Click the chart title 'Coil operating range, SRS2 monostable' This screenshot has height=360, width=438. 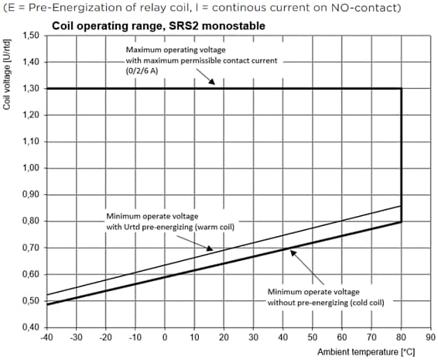click(158, 25)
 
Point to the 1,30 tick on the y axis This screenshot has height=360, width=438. click(29, 88)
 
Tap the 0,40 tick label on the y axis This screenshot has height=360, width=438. click(29, 327)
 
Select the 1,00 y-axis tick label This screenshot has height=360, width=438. click(29, 168)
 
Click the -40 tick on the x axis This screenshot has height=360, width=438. click(46, 338)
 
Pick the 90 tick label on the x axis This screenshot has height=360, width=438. click(430, 338)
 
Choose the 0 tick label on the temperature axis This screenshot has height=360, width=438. click(165, 338)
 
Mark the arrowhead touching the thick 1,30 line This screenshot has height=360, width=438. click(221, 85)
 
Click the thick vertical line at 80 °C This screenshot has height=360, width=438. click(401, 155)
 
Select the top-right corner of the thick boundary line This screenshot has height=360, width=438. click(401, 88)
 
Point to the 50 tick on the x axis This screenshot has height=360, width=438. click(313, 338)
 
